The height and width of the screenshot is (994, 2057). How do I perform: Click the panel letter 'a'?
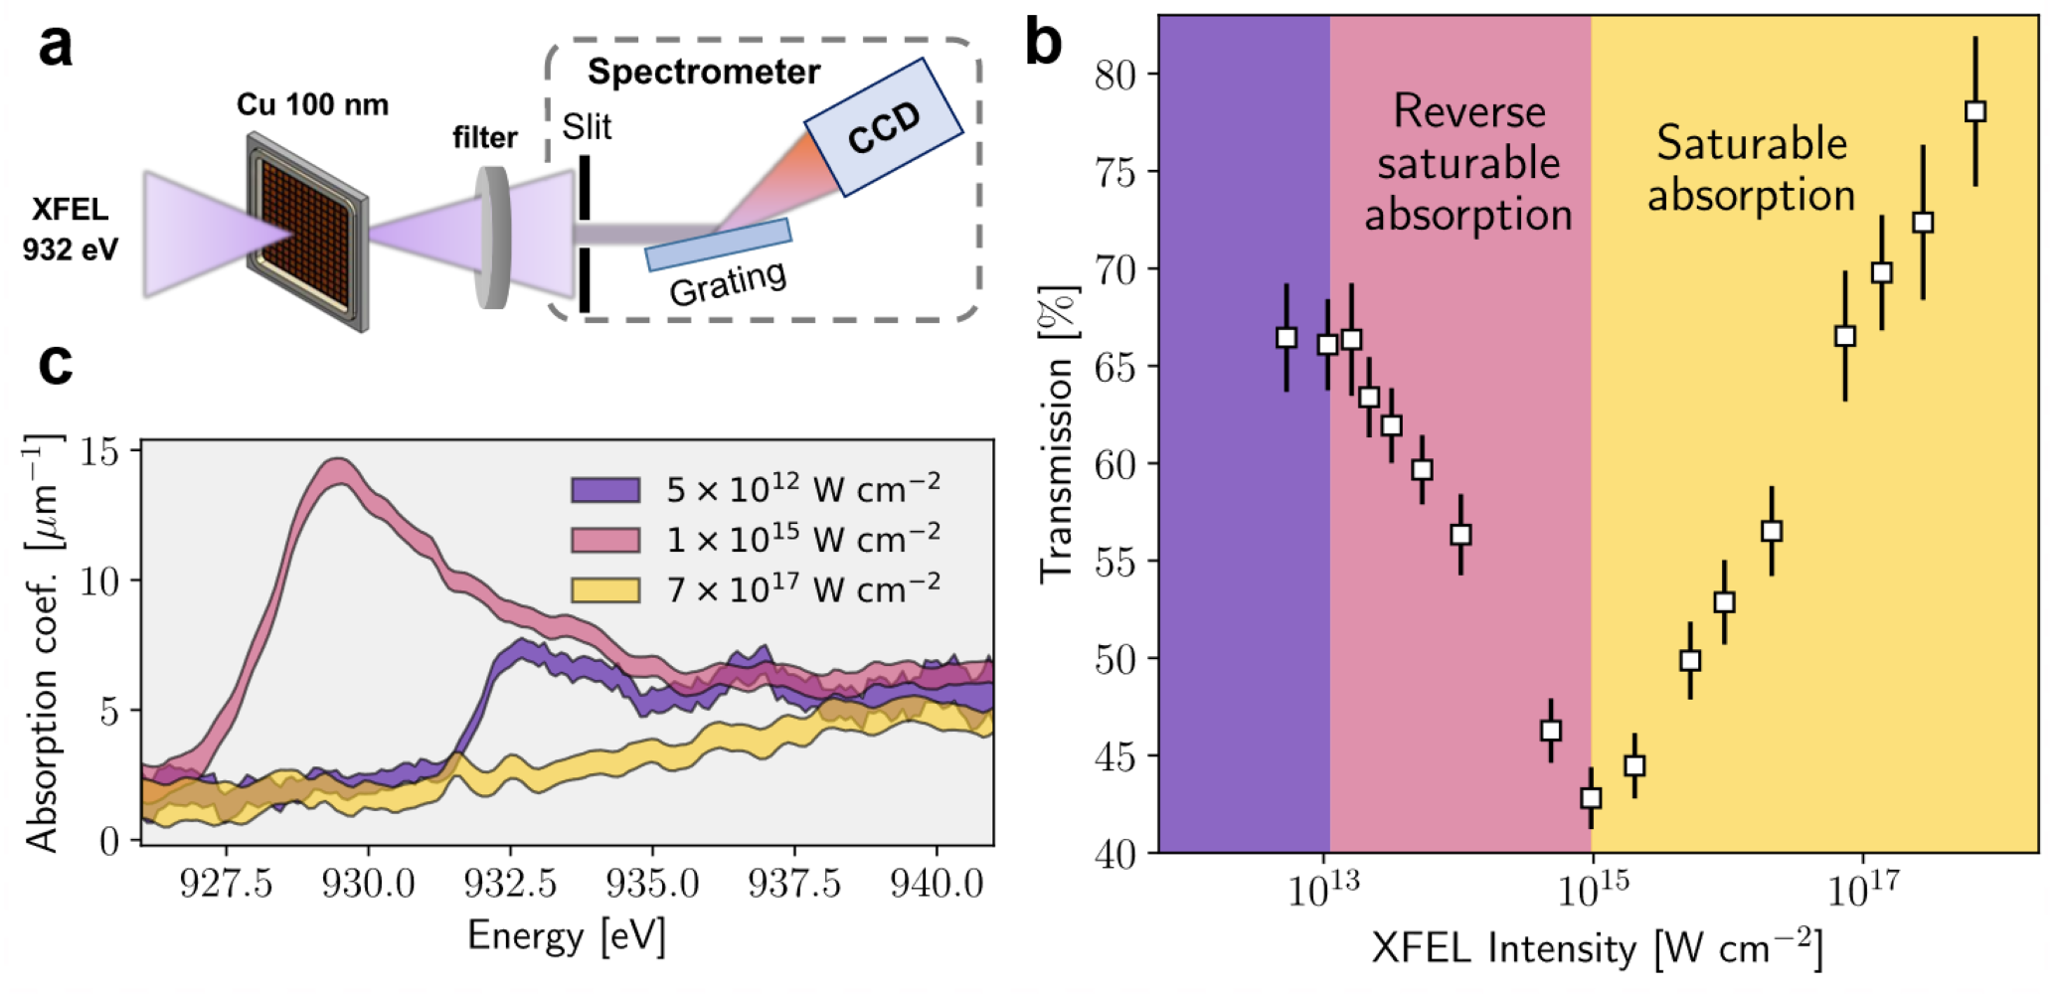coord(56,46)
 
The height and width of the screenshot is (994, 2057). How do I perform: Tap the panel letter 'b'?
coord(1043,46)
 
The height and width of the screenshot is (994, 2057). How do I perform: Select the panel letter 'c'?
coord(56,364)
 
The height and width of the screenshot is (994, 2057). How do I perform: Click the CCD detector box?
coord(883,126)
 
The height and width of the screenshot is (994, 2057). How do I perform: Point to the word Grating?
coord(728,283)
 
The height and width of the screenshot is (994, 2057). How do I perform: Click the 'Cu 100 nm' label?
coord(312,104)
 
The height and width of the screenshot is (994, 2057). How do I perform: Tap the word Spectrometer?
coord(703,72)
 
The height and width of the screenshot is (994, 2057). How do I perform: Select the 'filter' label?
coord(484,137)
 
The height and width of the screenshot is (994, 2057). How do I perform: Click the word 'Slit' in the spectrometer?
coord(587,127)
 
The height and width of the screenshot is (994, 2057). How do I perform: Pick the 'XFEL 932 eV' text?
coord(70,230)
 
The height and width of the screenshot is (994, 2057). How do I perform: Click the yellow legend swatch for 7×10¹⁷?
coord(604,590)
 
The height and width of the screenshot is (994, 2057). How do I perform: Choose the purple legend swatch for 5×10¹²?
coord(604,490)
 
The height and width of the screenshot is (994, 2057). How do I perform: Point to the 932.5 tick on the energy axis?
coord(510,883)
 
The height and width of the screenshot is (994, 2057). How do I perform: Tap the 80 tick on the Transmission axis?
coord(1118,75)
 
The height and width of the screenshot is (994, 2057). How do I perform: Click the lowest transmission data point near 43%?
coord(1591,797)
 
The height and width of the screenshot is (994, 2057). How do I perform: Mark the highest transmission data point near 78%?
coord(1975,111)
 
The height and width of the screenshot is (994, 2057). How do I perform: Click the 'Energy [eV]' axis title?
coord(566,936)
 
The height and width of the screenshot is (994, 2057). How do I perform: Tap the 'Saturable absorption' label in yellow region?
coord(1751,169)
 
